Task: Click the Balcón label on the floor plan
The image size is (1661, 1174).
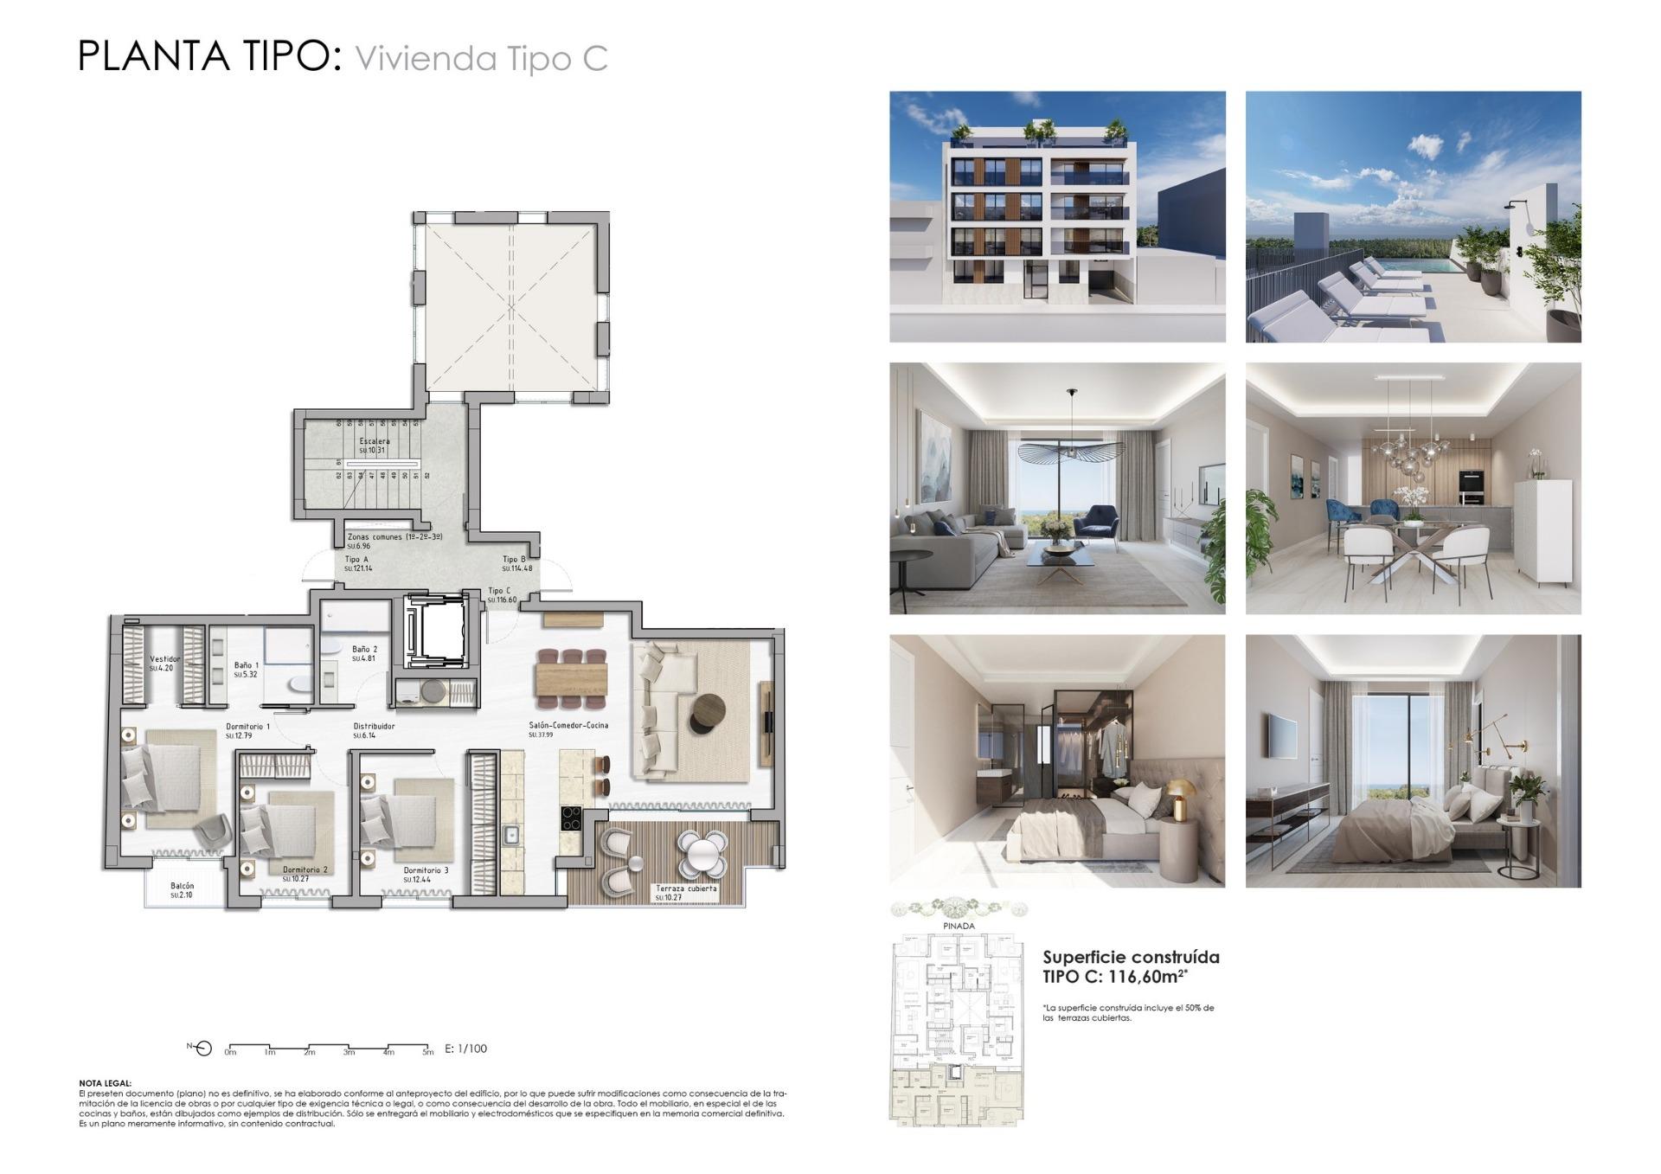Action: pyautogui.click(x=182, y=886)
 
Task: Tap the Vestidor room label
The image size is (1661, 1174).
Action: pyautogui.click(x=164, y=659)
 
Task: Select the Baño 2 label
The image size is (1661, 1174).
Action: pyautogui.click(x=364, y=649)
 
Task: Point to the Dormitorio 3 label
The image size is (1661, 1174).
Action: pyautogui.click(x=426, y=870)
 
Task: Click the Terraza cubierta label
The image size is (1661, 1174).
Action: pyautogui.click(x=685, y=889)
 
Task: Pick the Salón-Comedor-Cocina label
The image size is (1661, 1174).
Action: pyautogui.click(x=568, y=725)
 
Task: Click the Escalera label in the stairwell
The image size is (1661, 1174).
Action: pyautogui.click(x=375, y=441)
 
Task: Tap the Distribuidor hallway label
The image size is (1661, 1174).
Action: pyautogui.click(x=374, y=727)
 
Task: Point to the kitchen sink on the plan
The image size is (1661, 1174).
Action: pyautogui.click(x=510, y=835)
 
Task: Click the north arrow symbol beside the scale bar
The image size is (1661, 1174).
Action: pyautogui.click(x=202, y=1049)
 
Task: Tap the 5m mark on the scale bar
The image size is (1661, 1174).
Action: pyautogui.click(x=428, y=1053)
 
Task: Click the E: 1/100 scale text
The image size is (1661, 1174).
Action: pyautogui.click(x=465, y=1049)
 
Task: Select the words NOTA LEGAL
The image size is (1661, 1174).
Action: pyautogui.click(x=105, y=1082)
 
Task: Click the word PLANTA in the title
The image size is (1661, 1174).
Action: pyautogui.click(x=154, y=56)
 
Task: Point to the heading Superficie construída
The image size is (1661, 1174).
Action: pyautogui.click(x=1131, y=958)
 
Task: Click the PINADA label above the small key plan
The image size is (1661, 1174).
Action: pyautogui.click(x=959, y=926)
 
